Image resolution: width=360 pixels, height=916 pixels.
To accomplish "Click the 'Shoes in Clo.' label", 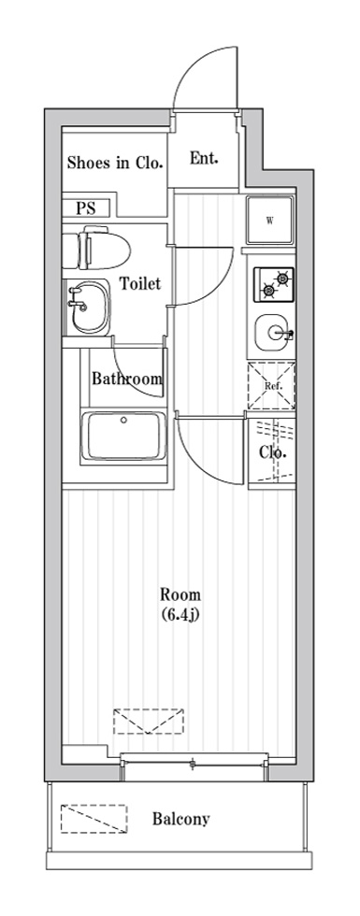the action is click(x=114, y=163).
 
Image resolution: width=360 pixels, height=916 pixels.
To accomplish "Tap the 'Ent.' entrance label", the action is click(x=204, y=158).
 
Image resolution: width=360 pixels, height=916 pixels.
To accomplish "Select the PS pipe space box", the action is click(x=86, y=208).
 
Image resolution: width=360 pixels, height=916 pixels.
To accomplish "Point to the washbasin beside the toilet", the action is click(x=88, y=306).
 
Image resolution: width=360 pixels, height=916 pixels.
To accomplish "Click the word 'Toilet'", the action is click(x=140, y=284).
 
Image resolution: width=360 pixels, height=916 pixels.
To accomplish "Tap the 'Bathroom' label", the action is click(x=127, y=379).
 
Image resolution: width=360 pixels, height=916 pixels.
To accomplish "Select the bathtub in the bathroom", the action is click(x=123, y=436).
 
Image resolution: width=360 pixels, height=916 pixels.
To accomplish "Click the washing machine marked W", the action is click(x=270, y=221).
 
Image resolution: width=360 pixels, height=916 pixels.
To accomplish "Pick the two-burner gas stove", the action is click(x=273, y=284).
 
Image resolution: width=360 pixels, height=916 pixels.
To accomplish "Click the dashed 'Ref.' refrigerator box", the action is click(x=271, y=386).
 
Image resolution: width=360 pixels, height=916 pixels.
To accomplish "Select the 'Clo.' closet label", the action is click(x=272, y=452).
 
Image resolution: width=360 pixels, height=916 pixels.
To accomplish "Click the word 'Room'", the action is click(x=180, y=595).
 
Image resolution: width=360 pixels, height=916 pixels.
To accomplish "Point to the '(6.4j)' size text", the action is click(x=180, y=615).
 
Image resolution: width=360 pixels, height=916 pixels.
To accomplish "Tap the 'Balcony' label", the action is click(x=181, y=819).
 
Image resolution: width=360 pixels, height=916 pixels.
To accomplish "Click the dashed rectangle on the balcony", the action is click(x=94, y=819).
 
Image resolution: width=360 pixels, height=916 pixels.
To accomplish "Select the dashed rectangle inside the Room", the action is click(x=149, y=722).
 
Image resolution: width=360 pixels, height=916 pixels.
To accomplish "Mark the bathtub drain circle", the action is click(x=123, y=419).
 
